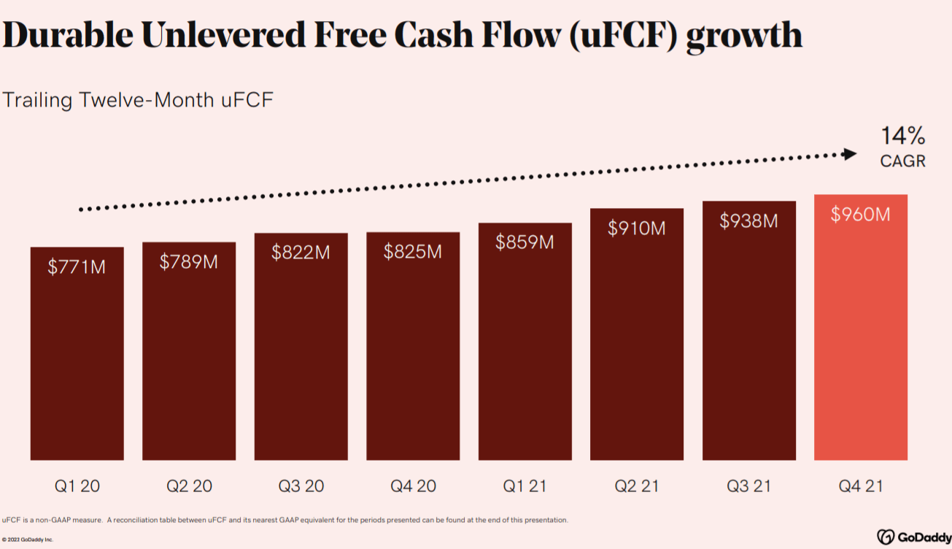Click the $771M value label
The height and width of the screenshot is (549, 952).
pyautogui.click(x=77, y=267)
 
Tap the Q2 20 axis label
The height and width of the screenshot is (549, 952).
pyautogui.click(x=189, y=485)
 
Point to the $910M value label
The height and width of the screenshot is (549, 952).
pyautogui.click(x=637, y=229)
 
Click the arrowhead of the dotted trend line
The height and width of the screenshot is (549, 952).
pyautogui.click(x=848, y=154)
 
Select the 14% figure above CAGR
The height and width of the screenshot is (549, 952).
pyautogui.click(x=902, y=136)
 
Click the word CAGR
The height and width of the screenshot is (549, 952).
pyautogui.click(x=902, y=161)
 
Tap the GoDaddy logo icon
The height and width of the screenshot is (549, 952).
pyautogui.click(x=886, y=536)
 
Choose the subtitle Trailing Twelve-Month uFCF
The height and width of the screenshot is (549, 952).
pyautogui.click(x=137, y=100)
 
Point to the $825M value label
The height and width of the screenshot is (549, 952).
pyautogui.click(x=413, y=252)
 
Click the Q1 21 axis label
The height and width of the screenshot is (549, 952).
pyautogui.click(x=525, y=485)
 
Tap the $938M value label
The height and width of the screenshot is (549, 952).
pyautogui.click(x=748, y=220)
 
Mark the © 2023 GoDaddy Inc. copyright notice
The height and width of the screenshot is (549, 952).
pyautogui.click(x=28, y=540)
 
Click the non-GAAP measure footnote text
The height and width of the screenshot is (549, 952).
pyautogui.click(x=285, y=521)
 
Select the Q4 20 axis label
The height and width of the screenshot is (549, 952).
pyautogui.click(x=413, y=485)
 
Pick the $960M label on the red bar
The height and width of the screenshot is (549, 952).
pyautogui.click(x=861, y=215)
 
